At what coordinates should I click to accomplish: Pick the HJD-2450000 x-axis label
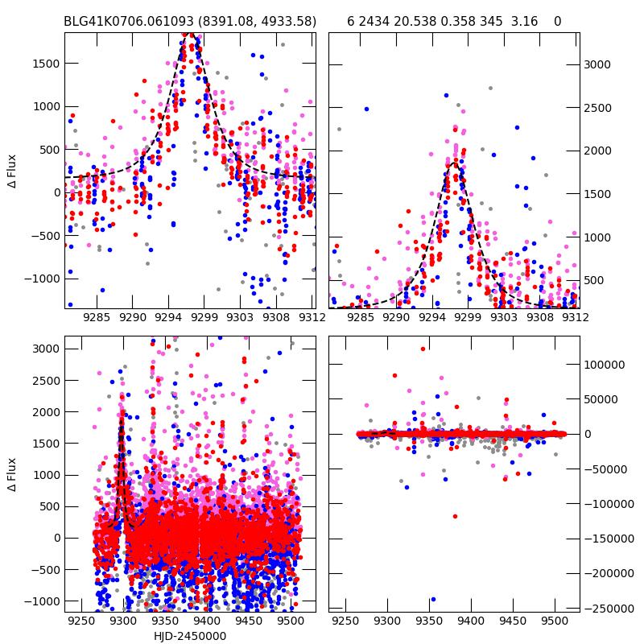pyautogui.click(x=190, y=636)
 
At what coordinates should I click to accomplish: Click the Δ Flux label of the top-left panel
pyautogui.click(x=11, y=171)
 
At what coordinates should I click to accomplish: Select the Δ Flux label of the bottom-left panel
pyautogui.click(x=11, y=474)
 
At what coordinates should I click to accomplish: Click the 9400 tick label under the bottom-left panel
pyautogui.click(x=206, y=621)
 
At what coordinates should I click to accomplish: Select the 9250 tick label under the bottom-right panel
pyautogui.click(x=345, y=621)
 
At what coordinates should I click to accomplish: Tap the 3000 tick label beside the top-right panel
pyautogui.click(x=598, y=64)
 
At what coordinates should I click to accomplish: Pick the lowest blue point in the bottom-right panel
pyautogui.click(x=433, y=599)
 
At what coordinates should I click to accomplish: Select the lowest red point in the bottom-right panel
pyautogui.click(x=455, y=516)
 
